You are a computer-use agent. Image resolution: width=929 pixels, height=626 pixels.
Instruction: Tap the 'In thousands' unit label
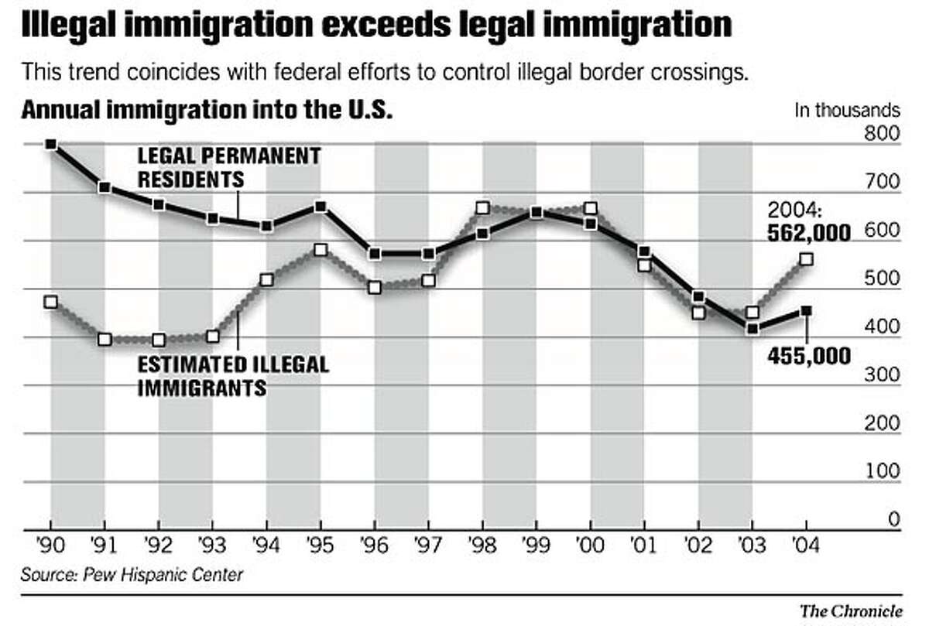(847, 110)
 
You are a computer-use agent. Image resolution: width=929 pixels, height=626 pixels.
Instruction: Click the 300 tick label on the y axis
(883, 375)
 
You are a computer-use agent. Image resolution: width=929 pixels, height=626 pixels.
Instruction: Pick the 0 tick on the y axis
(893, 520)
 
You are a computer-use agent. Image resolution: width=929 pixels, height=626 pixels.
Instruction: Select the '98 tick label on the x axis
(482, 544)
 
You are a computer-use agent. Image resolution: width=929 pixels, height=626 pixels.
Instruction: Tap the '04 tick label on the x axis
(806, 544)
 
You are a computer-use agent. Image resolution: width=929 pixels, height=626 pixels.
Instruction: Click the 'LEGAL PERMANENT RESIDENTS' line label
(229, 167)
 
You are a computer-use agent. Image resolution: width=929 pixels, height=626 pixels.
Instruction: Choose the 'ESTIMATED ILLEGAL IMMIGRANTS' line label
(233, 375)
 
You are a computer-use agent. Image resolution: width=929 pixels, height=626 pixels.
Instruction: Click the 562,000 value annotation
(809, 231)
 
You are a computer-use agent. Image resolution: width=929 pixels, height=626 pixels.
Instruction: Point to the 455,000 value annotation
(809, 355)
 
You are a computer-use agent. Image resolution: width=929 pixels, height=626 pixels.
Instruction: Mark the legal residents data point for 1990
(51, 144)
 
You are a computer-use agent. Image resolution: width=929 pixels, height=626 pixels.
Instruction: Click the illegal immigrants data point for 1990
(51, 302)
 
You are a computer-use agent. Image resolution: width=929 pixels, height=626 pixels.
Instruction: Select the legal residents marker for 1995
(321, 207)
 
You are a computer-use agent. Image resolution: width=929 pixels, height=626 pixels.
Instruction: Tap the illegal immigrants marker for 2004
(806, 259)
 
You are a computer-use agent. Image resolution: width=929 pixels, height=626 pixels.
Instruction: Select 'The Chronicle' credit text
(851, 611)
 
